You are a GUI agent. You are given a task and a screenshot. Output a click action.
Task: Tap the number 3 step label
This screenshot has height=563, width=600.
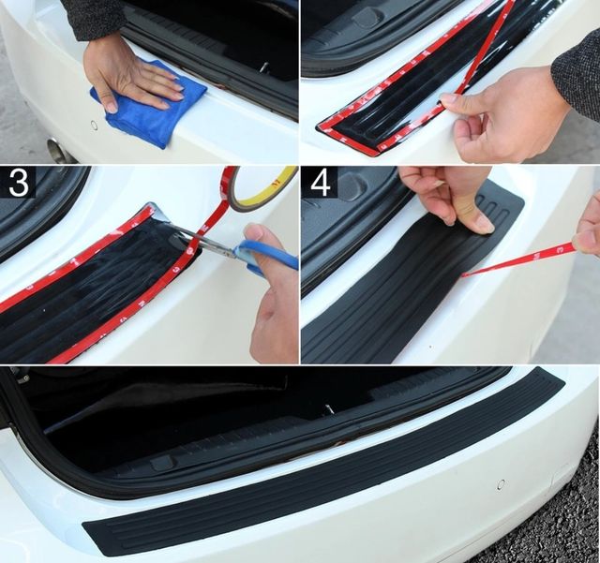[18, 183]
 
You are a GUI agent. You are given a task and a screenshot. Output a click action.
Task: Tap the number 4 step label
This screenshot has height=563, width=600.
[321, 184]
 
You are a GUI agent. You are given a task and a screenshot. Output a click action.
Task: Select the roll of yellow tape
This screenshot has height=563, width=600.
[264, 187]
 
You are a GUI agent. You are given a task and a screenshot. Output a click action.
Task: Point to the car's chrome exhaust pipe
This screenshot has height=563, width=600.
[58, 150]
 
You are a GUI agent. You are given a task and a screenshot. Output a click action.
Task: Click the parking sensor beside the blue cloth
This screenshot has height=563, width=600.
[93, 125]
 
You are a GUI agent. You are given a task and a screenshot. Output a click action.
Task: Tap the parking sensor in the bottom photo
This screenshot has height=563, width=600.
[501, 483]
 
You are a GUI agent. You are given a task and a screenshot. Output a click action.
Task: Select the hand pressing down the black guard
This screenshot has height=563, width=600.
[448, 199]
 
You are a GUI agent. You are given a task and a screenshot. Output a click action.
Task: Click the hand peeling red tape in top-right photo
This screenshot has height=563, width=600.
[505, 114]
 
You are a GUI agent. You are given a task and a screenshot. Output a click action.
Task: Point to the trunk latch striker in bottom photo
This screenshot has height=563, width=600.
[328, 408]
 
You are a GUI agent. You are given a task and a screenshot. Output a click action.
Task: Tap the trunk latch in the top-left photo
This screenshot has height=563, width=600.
[265, 67]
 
